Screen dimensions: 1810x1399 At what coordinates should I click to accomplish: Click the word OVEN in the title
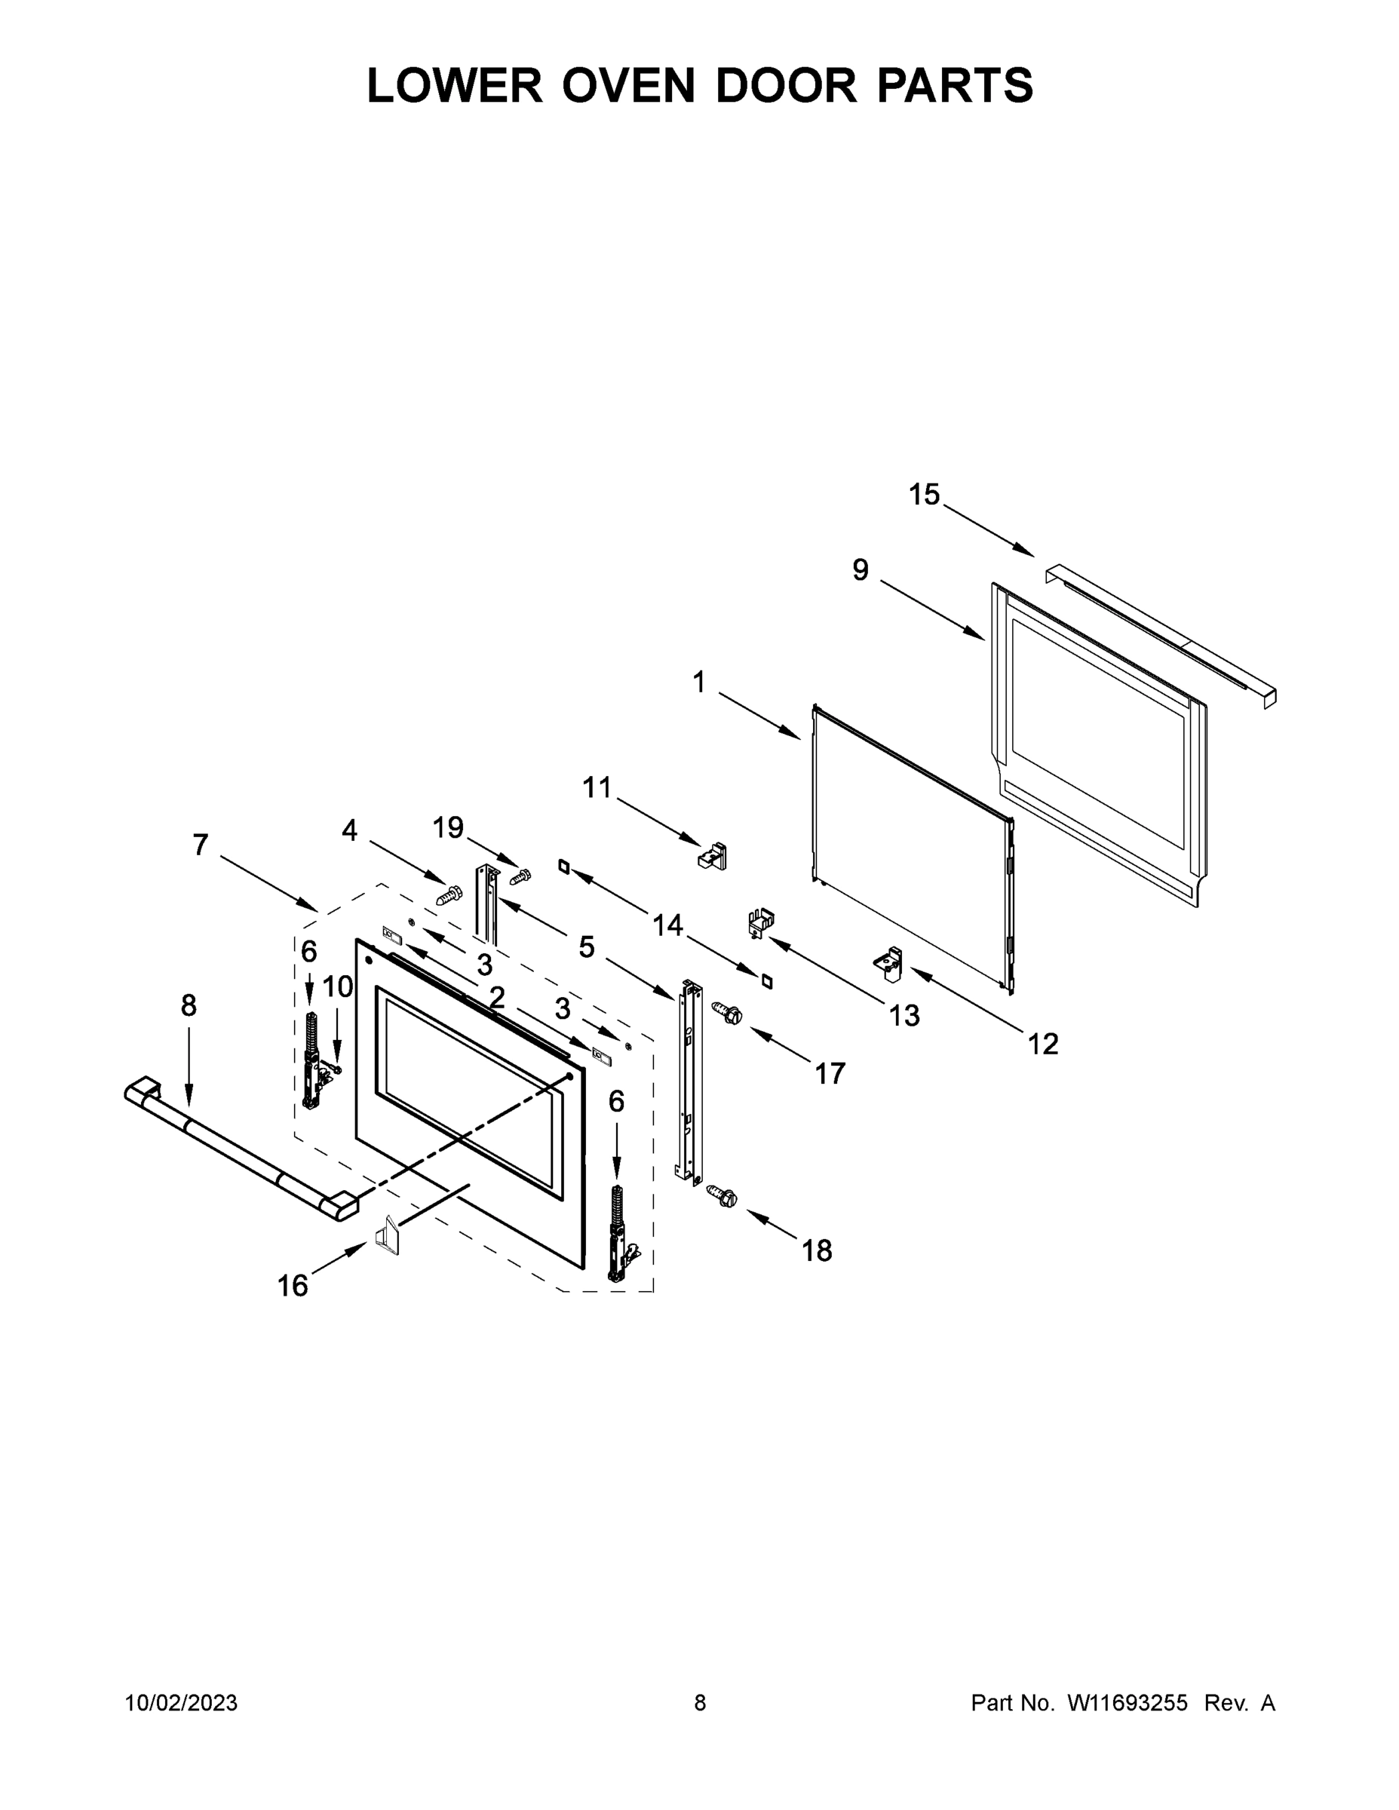pyautogui.click(x=628, y=85)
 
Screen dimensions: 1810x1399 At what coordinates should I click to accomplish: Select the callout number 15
pyautogui.click(x=924, y=495)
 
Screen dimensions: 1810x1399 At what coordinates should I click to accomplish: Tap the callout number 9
pyautogui.click(x=861, y=569)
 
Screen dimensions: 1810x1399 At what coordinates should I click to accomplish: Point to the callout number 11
pyautogui.click(x=597, y=787)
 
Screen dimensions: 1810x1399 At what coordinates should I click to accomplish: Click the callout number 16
pyautogui.click(x=293, y=1285)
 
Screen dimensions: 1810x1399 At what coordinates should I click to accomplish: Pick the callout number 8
pyautogui.click(x=189, y=1005)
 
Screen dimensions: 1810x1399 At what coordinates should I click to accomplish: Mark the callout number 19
pyautogui.click(x=449, y=827)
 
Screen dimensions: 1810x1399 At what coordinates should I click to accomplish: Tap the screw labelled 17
pyautogui.click(x=727, y=1012)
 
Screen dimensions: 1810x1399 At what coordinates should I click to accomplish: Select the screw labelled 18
pyautogui.click(x=722, y=1196)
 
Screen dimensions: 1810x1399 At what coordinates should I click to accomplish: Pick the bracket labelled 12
pyautogui.click(x=888, y=964)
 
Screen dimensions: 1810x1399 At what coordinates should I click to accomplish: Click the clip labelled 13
pyautogui.click(x=761, y=922)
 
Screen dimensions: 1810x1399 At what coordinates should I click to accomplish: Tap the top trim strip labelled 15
pyautogui.click(x=1161, y=634)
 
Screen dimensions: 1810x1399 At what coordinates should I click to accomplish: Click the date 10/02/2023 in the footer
pyautogui.click(x=181, y=1703)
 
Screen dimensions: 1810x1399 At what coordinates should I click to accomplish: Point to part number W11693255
pyautogui.click(x=1127, y=1703)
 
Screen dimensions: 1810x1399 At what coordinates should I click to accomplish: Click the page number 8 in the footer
pyautogui.click(x=700, y=1703)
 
